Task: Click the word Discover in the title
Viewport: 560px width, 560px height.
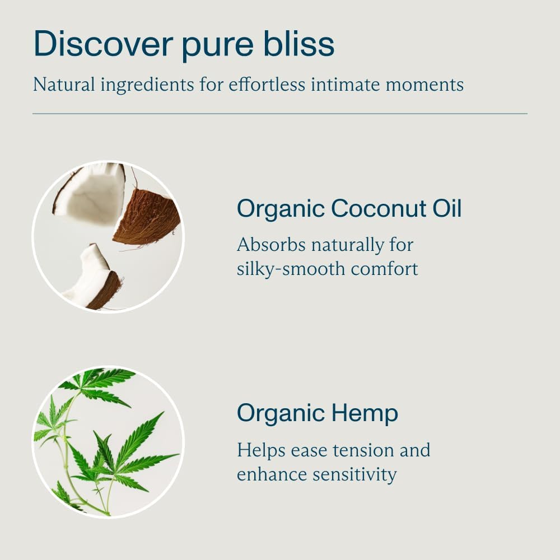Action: (103, 43)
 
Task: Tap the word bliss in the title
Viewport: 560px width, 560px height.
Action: (299, 43)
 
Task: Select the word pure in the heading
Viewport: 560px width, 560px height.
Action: (218, 46)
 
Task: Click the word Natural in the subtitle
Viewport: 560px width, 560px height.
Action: (64, 85)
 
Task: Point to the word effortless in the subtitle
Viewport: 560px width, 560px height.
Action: (267, 85)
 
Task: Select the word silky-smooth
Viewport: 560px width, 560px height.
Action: (291, 269)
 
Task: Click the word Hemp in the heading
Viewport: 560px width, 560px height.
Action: (365, 414)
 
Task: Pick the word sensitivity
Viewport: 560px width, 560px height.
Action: (354, 475)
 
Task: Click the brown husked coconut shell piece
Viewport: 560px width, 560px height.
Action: (146, 217)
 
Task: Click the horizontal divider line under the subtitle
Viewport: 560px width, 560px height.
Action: (280, 114)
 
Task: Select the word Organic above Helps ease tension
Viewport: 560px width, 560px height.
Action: (281, 414)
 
